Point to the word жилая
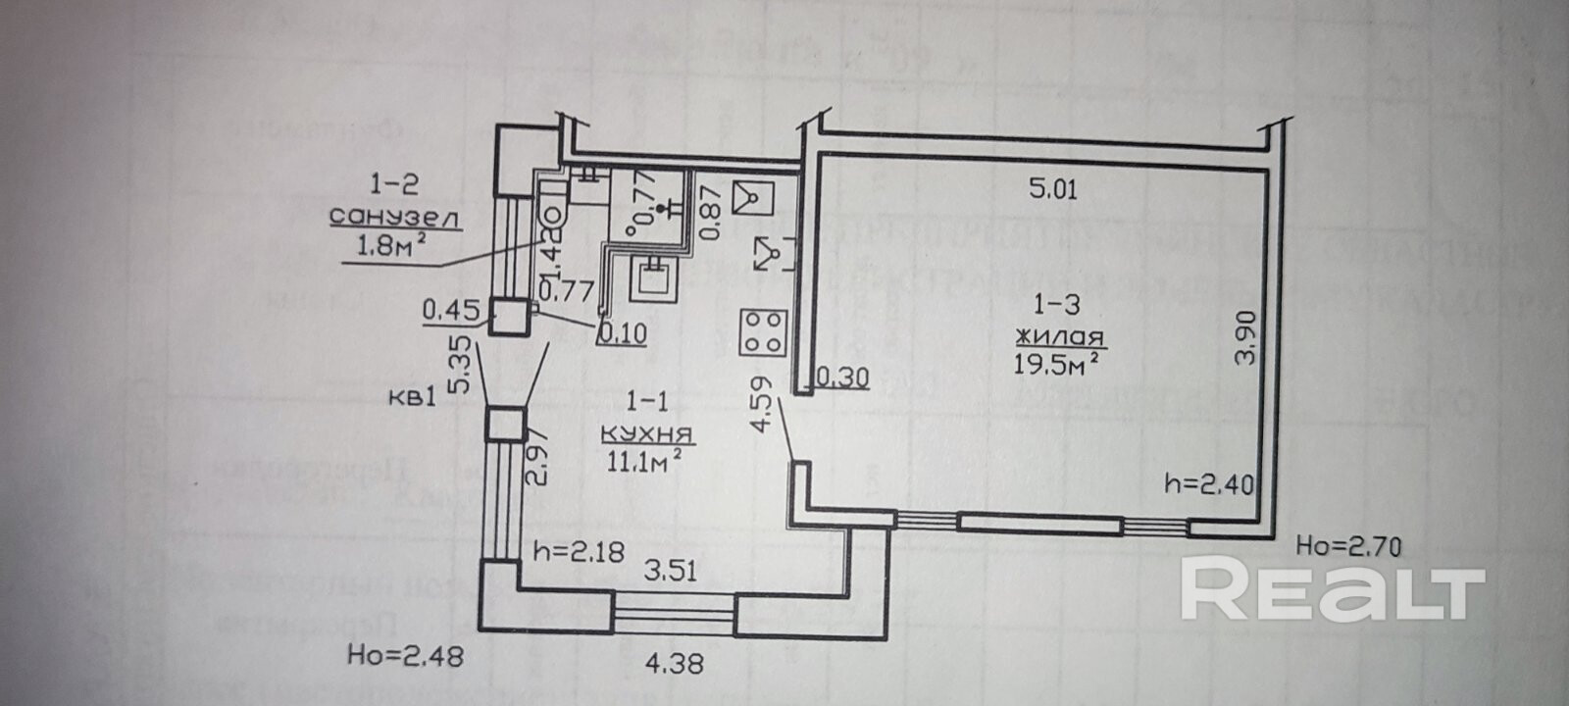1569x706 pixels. pos(1061,337)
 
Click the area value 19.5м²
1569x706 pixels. pos(1055,365)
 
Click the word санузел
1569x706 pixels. pos(394,218)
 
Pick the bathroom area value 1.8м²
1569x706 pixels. pos(383,247)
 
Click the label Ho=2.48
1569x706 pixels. pos(406,655)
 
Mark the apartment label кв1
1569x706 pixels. pos(412,397)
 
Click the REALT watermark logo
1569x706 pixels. pos(1333,588)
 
